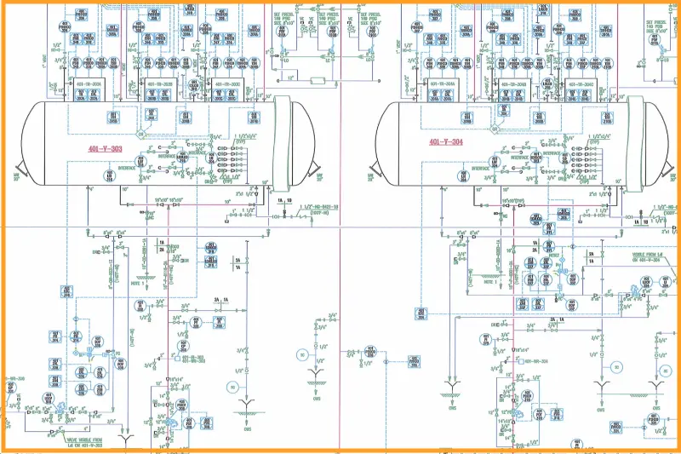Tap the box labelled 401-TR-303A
pos(89,85)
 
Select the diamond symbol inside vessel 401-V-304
pos(493,128)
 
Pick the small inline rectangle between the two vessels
pos(318,81)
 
